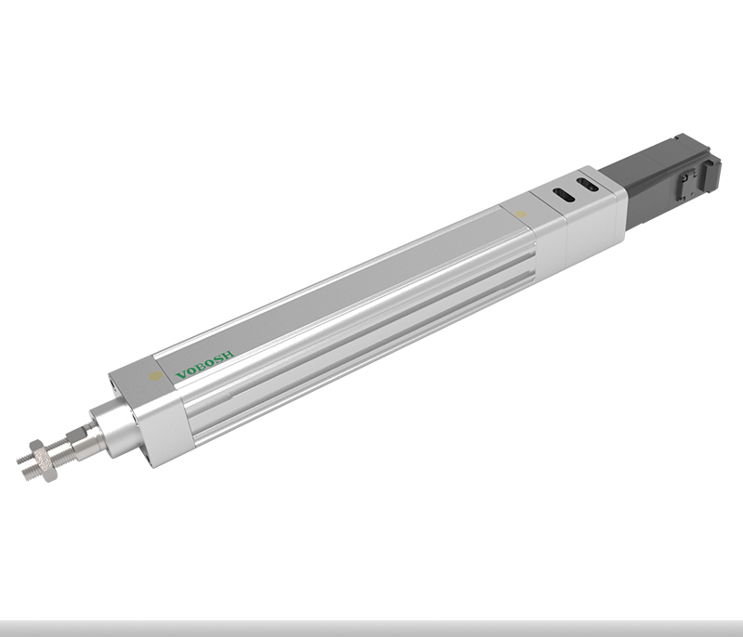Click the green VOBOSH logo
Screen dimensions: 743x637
[204, 365]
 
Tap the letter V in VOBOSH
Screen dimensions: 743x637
[181, 375]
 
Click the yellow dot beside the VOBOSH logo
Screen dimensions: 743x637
[155, 376]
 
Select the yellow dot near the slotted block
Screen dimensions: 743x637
[520, 214]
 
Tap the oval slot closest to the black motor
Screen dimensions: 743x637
[586, 184]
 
